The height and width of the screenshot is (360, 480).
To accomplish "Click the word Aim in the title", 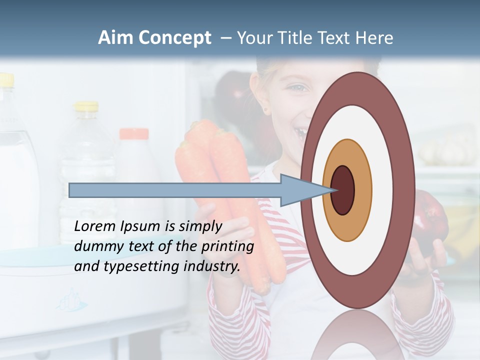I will tap(115, 38).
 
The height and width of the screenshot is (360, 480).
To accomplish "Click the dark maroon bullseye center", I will tap(342, 190).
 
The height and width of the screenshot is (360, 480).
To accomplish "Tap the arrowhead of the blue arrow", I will tap(300, 190).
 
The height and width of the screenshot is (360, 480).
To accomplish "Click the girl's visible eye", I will tap(298, 88).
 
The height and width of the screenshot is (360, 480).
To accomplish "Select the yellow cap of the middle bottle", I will tap(86, 106).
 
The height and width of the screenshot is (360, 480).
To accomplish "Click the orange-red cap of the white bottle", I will tap(134, 133).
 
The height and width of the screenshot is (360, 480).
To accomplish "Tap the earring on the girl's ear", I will tap(266, 109).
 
